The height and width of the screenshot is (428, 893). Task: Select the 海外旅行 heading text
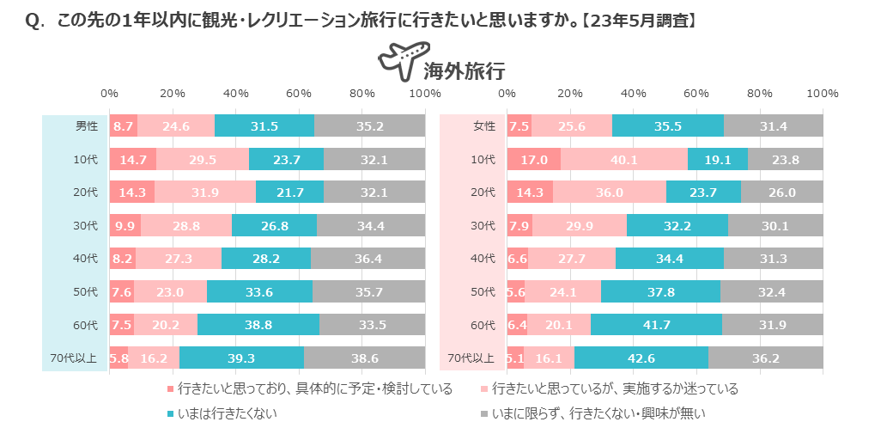tap(464, 70)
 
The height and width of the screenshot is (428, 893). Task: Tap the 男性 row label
tap(87, 125)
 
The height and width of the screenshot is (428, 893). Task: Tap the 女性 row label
tap(485, 125)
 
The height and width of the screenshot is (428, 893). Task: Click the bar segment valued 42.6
tap(641, 358)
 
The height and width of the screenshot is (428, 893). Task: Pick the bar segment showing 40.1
tap(624, 159)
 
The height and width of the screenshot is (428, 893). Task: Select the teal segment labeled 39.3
tap(241, 358)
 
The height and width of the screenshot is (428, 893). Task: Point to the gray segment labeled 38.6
tap(364, 358)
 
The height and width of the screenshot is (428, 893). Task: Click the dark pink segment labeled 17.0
tap(533, 159)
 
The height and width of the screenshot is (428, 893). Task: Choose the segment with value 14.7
tap(132, 159)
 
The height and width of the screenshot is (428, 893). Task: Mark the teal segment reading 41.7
tap(656, 324)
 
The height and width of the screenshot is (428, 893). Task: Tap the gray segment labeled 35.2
tap(369, 125)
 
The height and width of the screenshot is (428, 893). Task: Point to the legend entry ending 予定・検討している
tap(314, 388)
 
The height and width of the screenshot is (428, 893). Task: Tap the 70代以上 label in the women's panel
tap(471, 358)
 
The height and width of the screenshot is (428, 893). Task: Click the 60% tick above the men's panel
tap(299, 93)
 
